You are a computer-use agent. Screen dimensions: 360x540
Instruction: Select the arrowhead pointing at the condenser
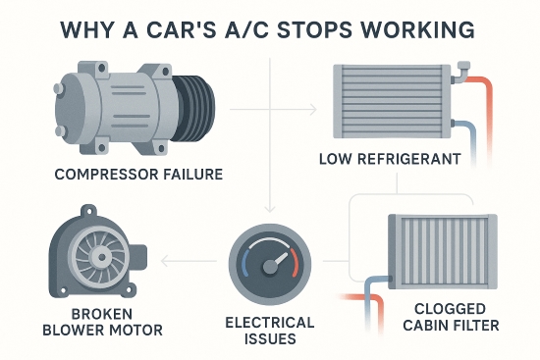315,106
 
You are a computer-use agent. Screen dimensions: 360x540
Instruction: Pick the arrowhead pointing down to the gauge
268,209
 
